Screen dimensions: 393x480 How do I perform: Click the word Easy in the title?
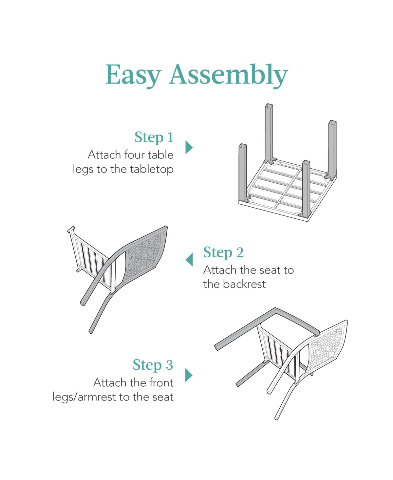tap(133, 75)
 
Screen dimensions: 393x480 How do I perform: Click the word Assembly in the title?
tap(228, 75)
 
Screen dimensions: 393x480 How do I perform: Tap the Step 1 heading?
tap(154, 137)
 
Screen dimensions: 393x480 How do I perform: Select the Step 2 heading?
tap(223, 252)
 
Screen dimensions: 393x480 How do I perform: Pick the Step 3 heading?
tap(153, 365)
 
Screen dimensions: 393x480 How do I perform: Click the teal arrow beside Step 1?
tap(189, 147)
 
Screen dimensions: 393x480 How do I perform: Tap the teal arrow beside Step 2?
tap(189, 259)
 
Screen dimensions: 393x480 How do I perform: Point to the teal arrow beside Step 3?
tap(189, 375)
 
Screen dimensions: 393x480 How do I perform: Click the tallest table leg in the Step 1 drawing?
tap(269, 133)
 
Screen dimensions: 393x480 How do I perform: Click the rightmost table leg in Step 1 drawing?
tap(332, 149)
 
